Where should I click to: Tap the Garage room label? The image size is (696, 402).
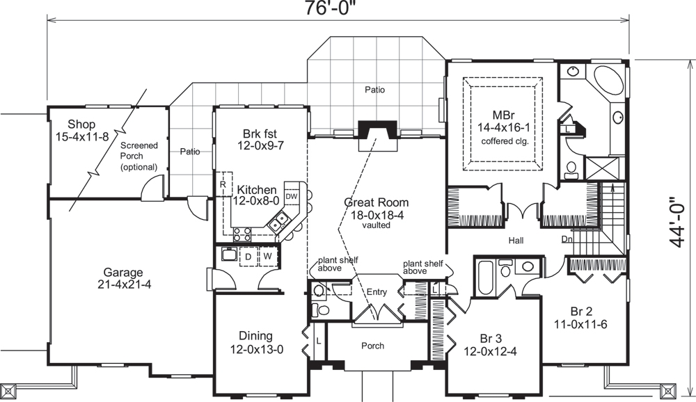(x=123, y=273)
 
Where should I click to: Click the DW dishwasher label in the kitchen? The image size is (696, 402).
(x=292, y=197)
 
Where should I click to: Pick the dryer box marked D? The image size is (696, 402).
(x=247, y=257)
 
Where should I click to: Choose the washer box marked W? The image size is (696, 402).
(x=267, y=257)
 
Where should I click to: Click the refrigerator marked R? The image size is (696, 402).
(x=222, y=185)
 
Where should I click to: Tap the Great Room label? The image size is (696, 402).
(x=377, y=202)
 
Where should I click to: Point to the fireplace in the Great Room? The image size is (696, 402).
(x=376, y=132)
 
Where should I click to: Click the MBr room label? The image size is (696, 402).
(x=505, y=114)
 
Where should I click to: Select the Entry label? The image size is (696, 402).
(x=377, y=292)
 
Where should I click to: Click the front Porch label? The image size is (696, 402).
(x=372, y=346)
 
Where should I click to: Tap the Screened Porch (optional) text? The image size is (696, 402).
(x=139, y=156)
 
